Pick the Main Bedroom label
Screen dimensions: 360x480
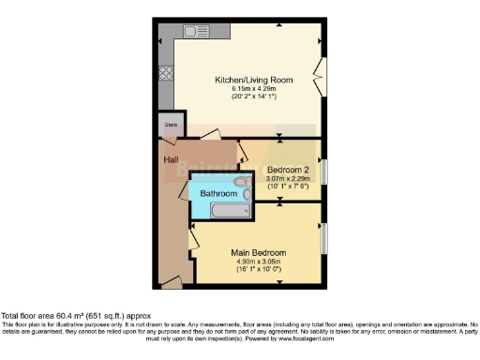(x=259, y=253)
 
